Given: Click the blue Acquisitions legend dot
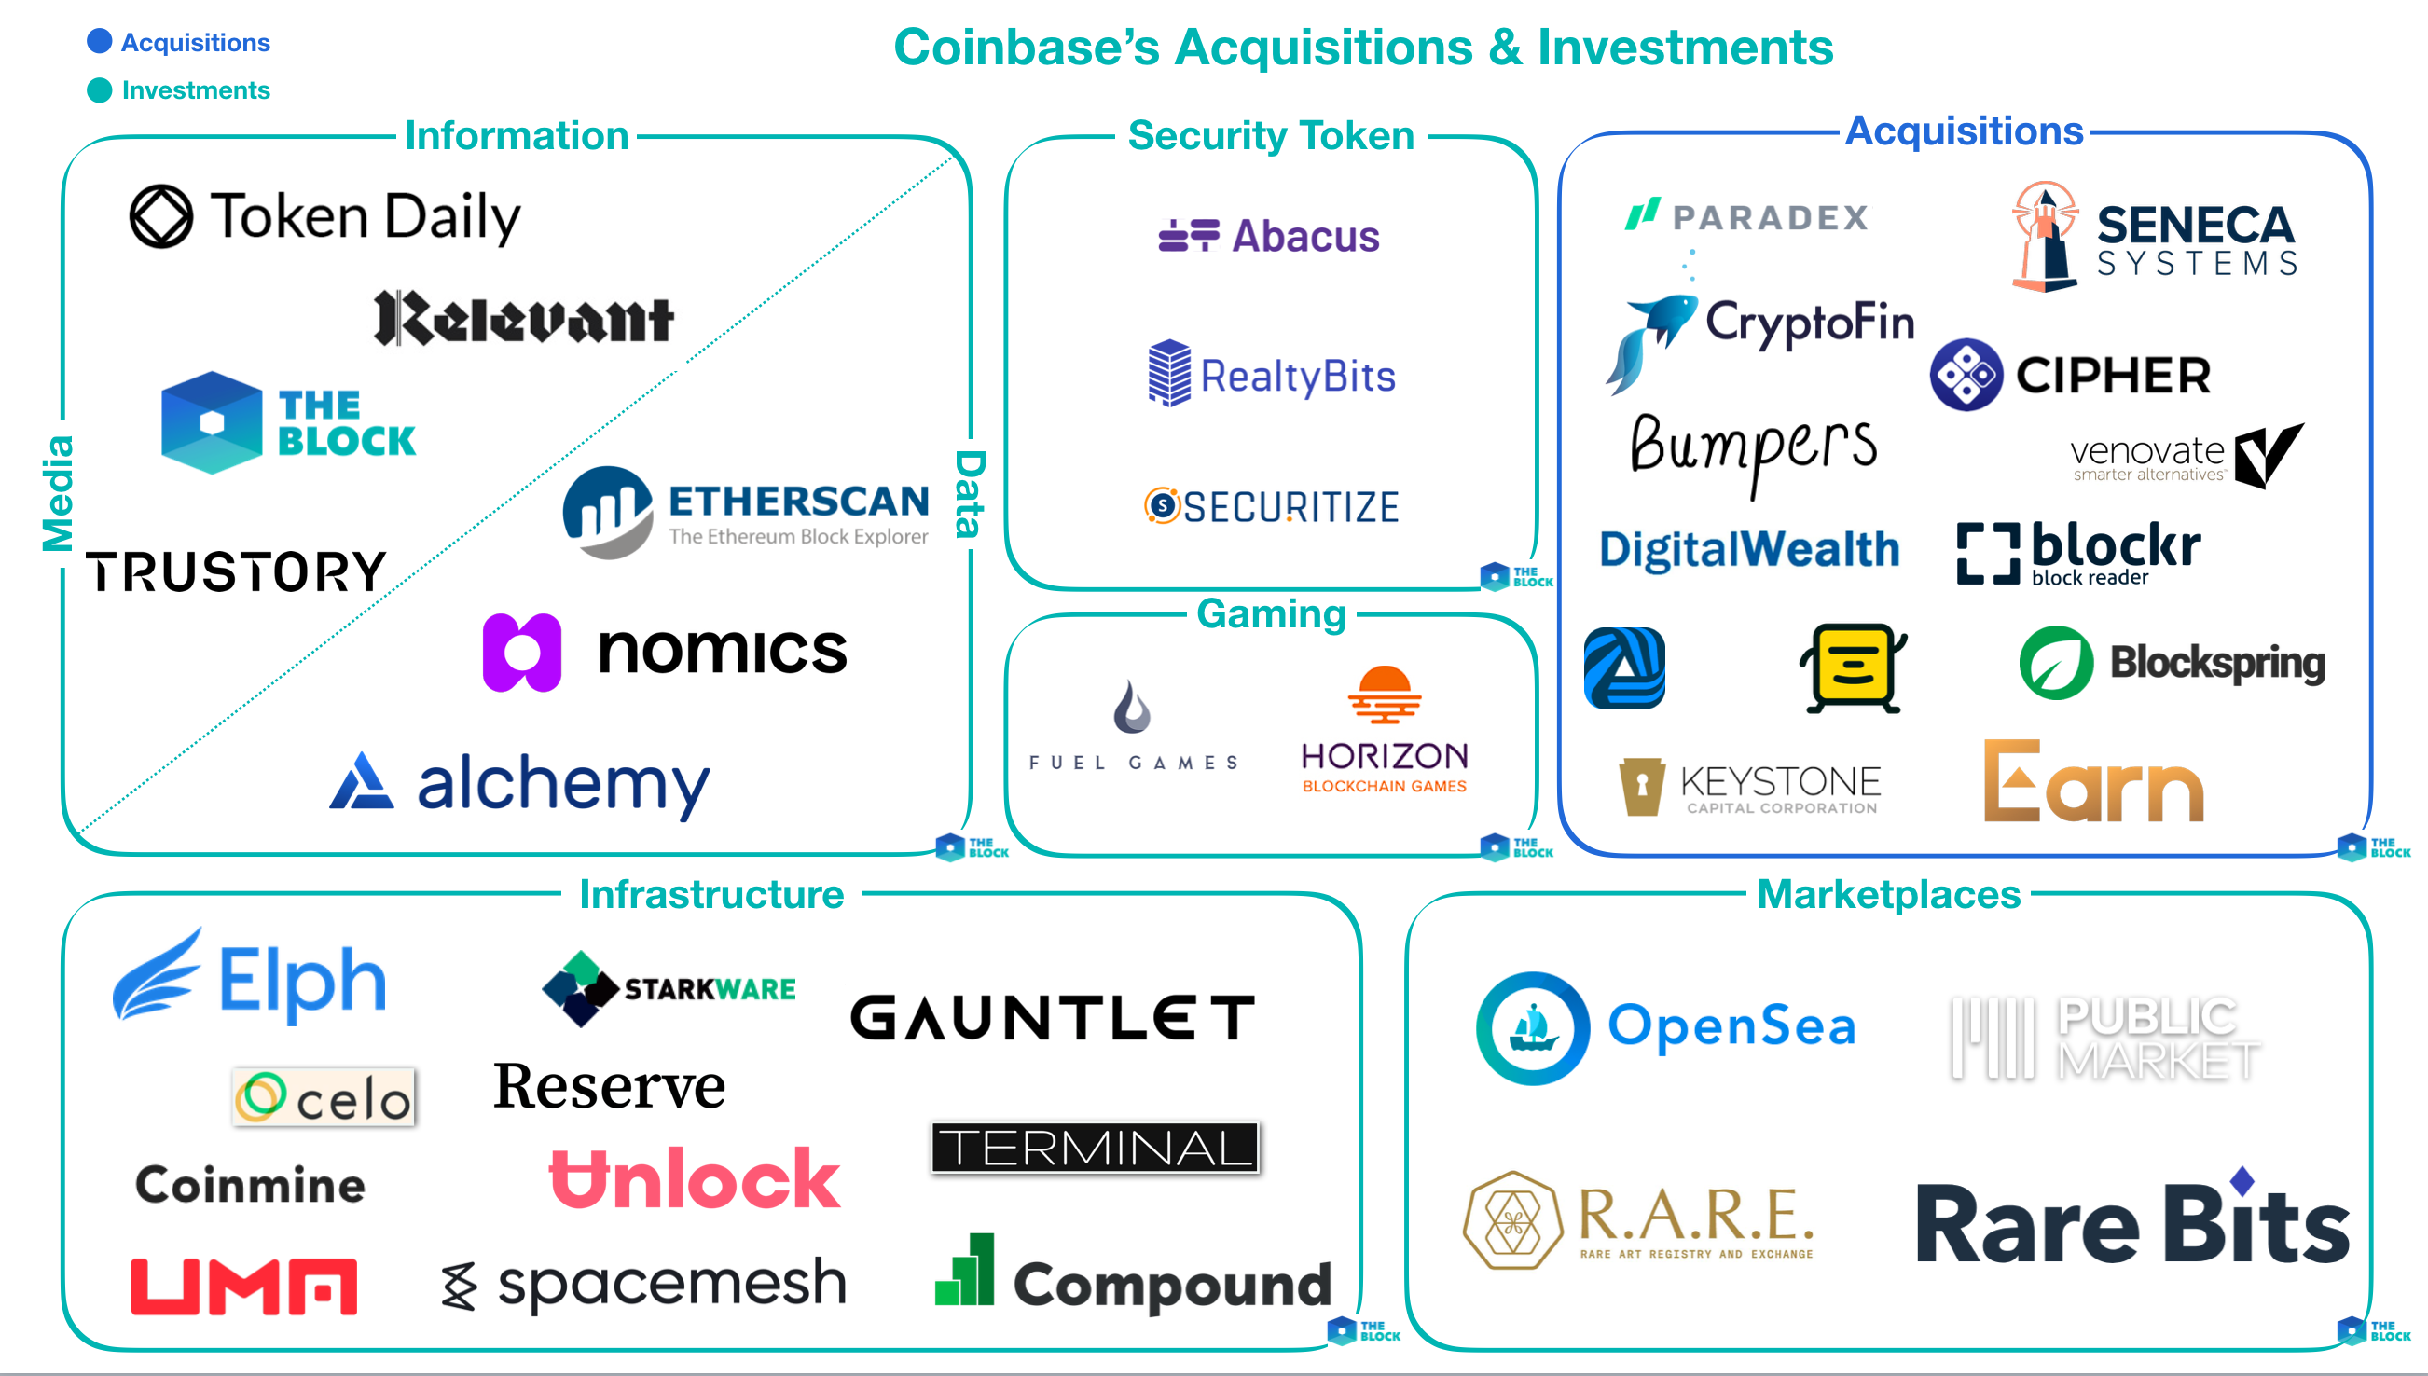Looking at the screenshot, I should pos(99,42).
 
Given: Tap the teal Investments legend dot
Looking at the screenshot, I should pos(99,89).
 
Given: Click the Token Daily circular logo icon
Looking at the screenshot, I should pos(160,216).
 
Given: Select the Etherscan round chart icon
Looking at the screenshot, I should pos(608,511).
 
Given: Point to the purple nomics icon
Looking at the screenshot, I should pos(522,652).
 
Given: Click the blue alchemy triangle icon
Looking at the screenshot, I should pos(361,781).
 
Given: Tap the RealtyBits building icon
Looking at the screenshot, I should pos(1169,373).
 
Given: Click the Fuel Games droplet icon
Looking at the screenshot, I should pos(1131,707).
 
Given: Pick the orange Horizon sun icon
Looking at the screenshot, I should pos(1385,694).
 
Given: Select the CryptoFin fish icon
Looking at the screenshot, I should pos(1650,340).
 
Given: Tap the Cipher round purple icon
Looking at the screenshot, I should pos(1966,374).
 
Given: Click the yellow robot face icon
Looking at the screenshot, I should pos(1853,667).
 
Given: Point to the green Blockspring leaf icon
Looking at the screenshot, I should pos(2056,663).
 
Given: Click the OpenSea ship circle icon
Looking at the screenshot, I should pos(1532,1027).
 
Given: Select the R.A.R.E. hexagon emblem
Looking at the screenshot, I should pos(1512,1219).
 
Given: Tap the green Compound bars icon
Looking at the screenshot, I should pos(964,1271).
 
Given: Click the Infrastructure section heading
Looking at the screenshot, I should pos(711,894).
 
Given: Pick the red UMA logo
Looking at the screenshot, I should pos(244,1287).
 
